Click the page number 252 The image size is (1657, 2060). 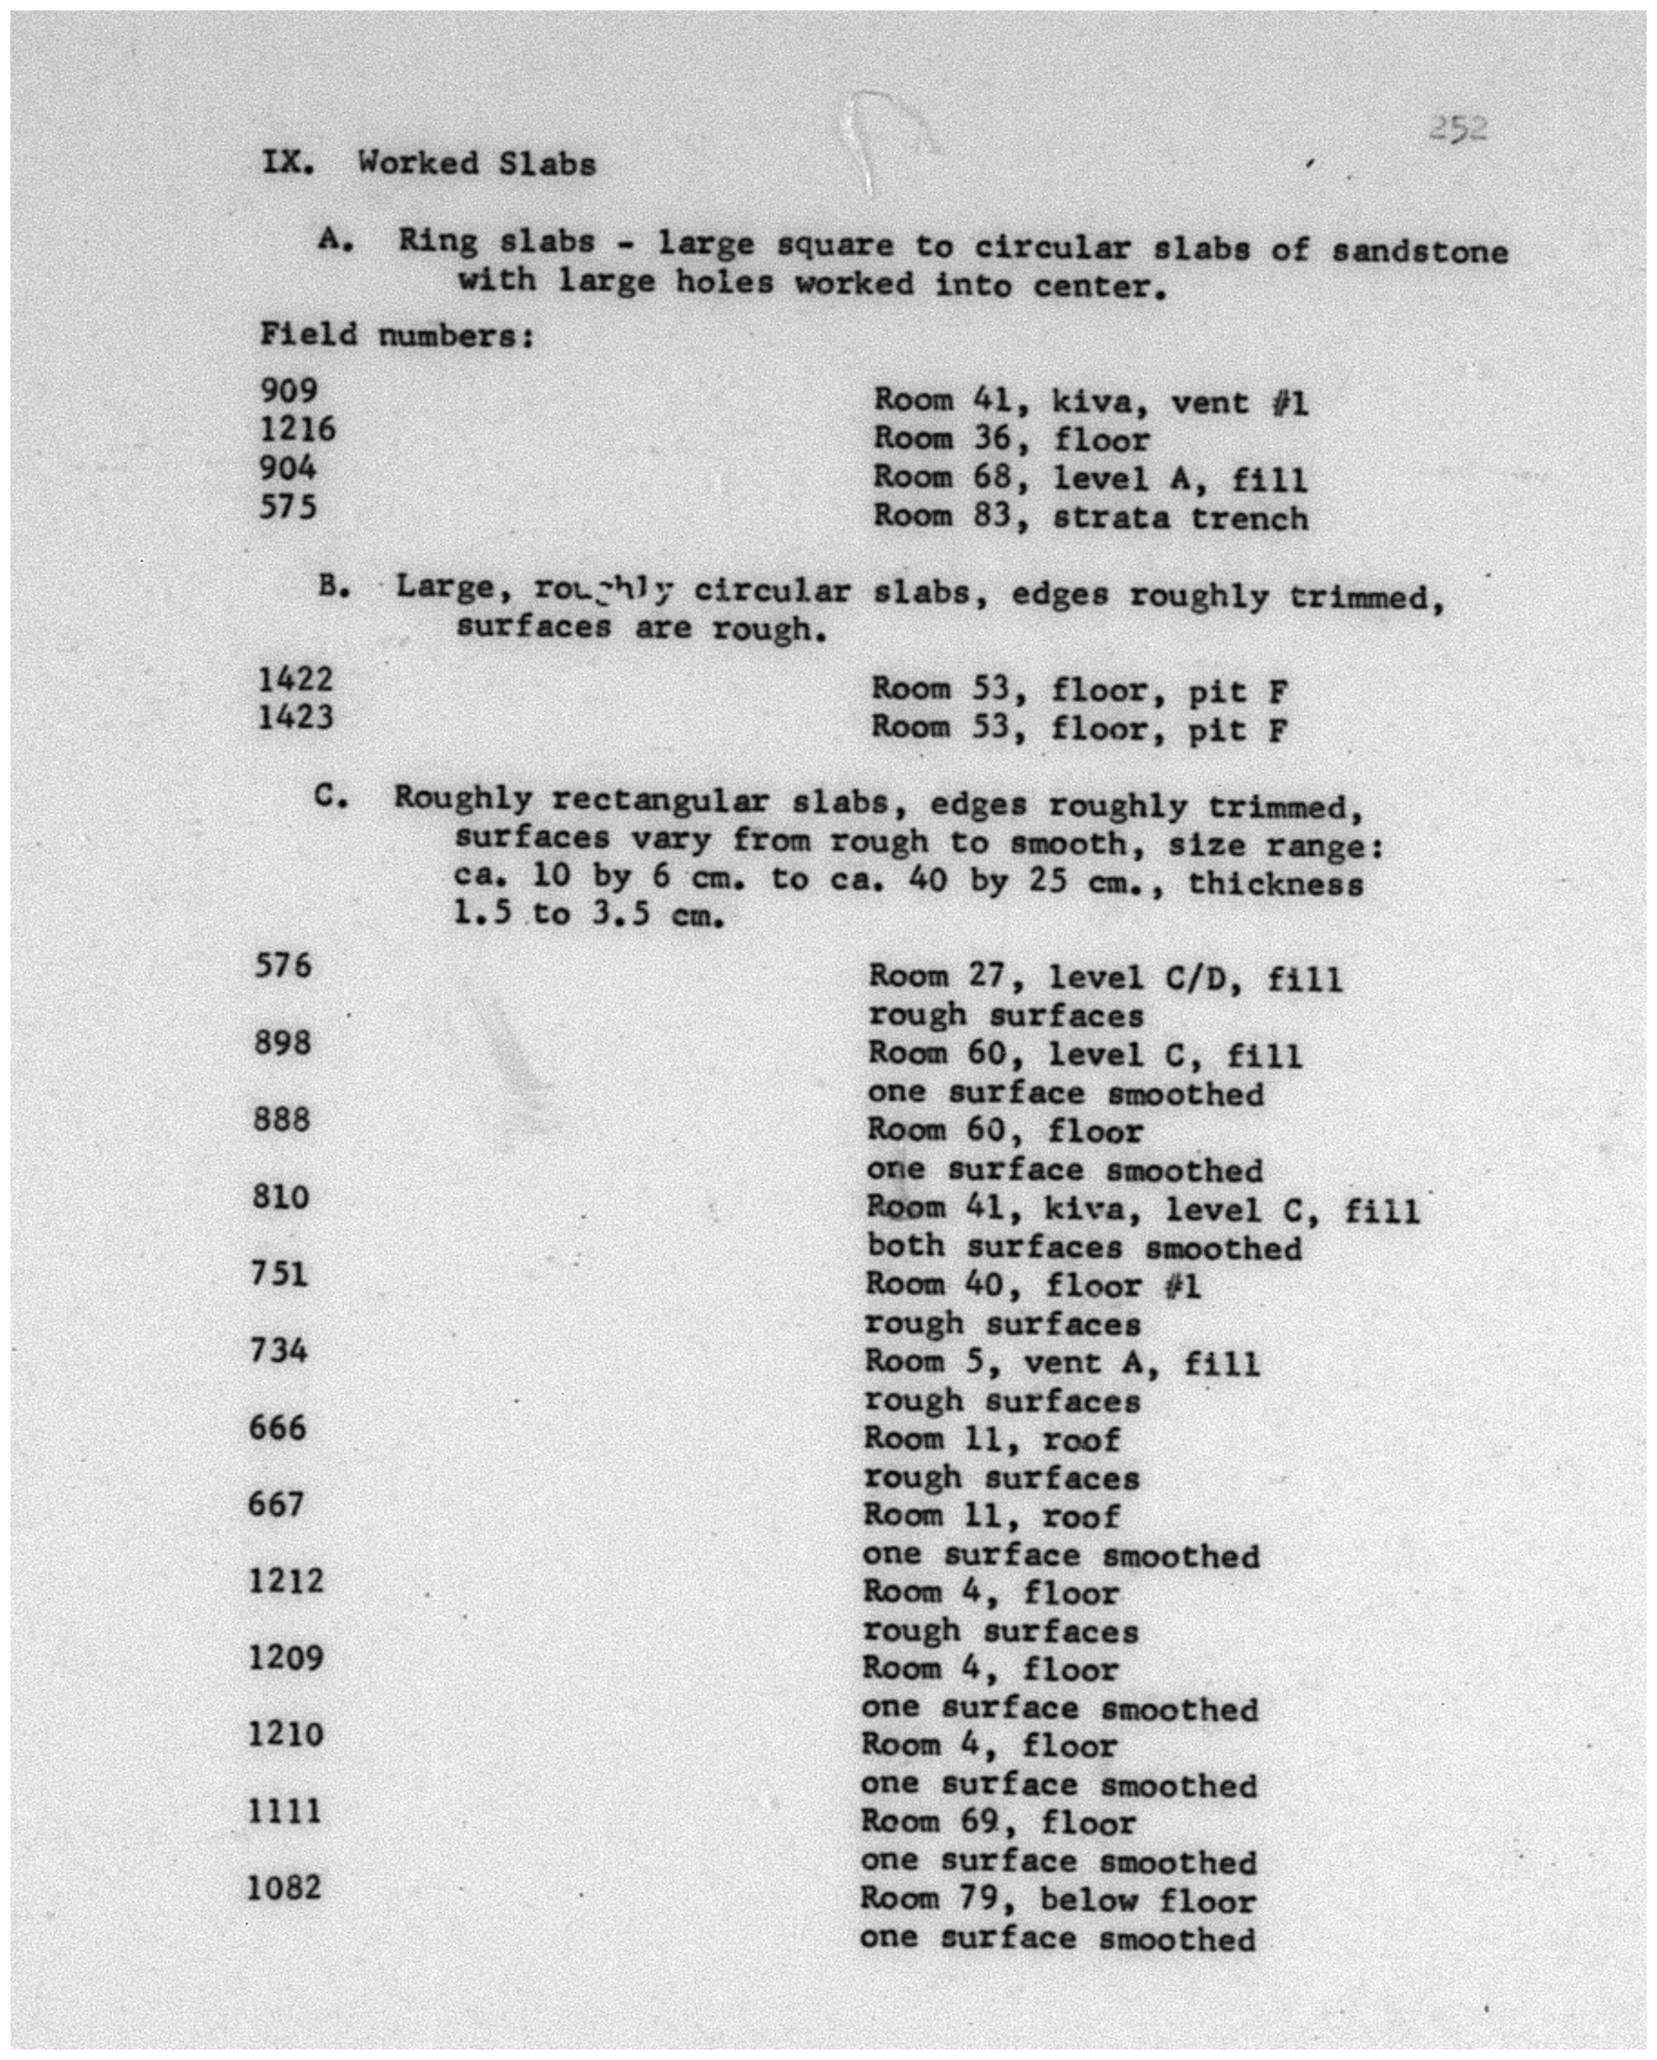click(x=1457, y=129)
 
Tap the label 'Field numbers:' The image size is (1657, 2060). click(x=396, y=335)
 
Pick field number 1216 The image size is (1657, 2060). click(x=297, y=429)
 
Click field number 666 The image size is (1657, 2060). click(x=278, y=1427)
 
